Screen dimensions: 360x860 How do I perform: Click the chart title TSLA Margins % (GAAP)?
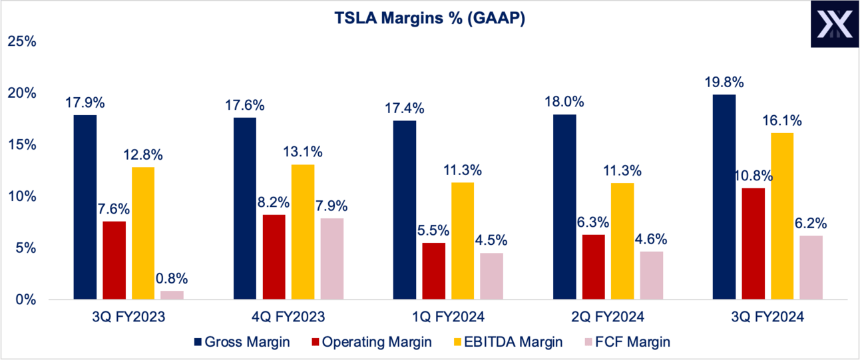429,19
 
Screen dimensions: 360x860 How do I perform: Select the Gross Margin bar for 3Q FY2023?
85,207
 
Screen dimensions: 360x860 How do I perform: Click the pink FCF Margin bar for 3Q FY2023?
172,295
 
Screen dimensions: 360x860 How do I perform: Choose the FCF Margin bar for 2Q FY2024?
651,275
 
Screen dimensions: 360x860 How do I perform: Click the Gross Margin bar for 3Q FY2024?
724,197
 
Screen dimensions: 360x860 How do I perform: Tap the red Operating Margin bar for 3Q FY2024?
753,244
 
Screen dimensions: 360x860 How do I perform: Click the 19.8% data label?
725,83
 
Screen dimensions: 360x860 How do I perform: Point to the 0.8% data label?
172,278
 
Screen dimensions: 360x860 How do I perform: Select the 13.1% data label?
304,152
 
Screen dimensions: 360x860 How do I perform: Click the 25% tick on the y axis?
21,41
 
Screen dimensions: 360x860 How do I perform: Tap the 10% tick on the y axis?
21,197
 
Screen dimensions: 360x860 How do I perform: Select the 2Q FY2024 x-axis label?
622,317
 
